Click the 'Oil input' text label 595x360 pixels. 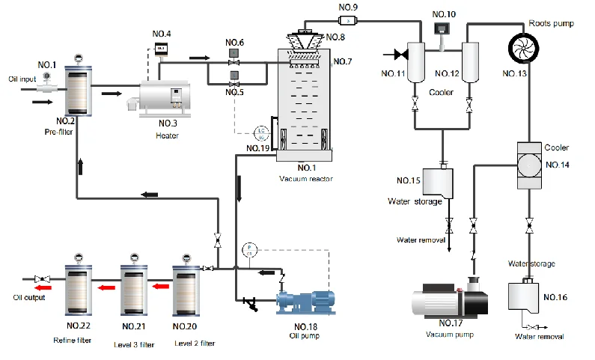point(23,78)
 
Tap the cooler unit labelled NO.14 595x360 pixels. point(529,162)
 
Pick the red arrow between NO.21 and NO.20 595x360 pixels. point(157,286)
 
